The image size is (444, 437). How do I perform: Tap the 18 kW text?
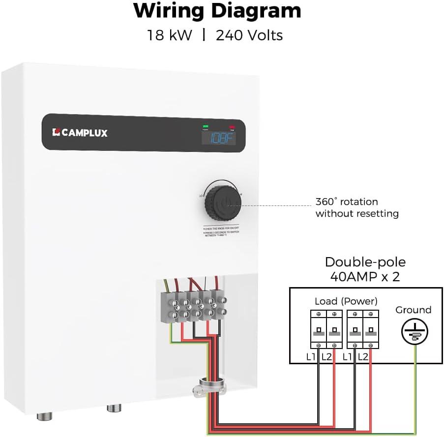tap(169, 35)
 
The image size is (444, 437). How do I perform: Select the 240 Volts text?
tap(249, 35)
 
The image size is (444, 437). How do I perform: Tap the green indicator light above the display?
tap(205, 127)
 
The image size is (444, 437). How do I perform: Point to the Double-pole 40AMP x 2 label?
tap(365, 269)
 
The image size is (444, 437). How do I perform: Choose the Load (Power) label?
tap(346, 301)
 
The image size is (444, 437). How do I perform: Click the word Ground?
tap(413, 310)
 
